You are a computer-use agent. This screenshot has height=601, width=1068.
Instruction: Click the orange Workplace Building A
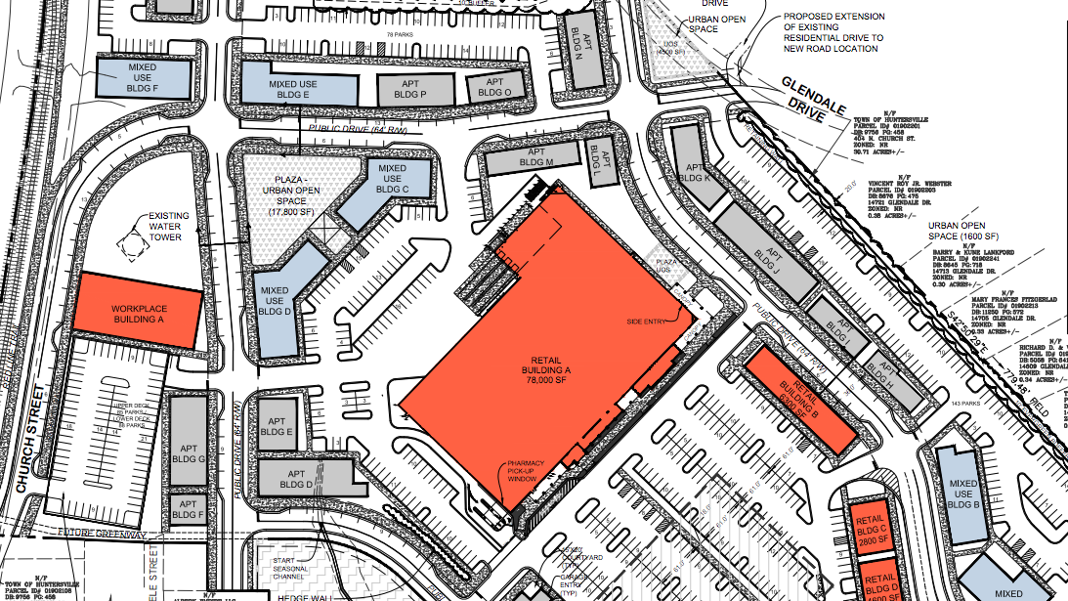tap(139, 310)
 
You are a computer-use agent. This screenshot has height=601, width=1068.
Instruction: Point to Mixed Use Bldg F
tap(142, 75)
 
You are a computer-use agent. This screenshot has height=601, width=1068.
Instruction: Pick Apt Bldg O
tap(493, 88)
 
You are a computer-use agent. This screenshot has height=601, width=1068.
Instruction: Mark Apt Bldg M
tap(536, 157)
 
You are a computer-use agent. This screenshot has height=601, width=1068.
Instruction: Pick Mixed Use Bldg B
tap(963, 494)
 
